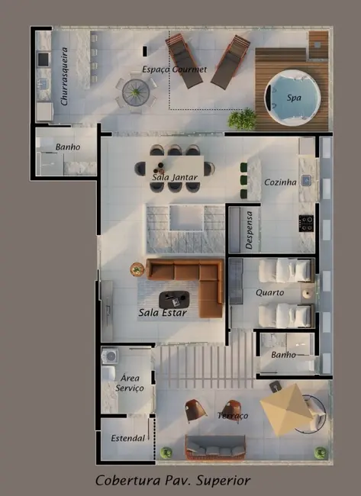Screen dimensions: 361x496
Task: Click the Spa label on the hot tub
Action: point(294,98)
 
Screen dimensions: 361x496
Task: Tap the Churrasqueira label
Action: point(64,76)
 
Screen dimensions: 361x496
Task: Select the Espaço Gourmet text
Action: point(174,69)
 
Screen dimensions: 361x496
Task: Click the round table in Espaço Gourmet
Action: point(136,92)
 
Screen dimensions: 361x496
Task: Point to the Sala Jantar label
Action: point(175,177)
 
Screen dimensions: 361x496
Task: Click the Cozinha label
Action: point(280,182)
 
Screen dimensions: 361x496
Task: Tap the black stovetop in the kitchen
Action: point(306,224)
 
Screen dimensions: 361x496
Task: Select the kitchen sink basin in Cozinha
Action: point(306,180)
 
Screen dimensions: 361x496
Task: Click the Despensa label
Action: point(250,230)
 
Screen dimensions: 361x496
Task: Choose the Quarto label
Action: point(269,292)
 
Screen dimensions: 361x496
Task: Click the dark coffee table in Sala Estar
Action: point(174,300)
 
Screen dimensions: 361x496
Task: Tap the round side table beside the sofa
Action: point(137,269)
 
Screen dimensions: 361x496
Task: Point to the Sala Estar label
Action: point(163,313)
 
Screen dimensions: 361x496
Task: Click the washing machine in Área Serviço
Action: point(110,356)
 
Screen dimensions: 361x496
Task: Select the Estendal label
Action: point(127,438)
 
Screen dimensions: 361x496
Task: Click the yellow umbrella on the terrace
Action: point(287,409)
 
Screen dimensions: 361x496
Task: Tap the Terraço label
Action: point(233,415)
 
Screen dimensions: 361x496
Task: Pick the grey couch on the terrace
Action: point(215,448)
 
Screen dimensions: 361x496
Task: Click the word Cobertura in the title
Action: point(127,481)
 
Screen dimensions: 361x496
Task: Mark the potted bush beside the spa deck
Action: point(243,119)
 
